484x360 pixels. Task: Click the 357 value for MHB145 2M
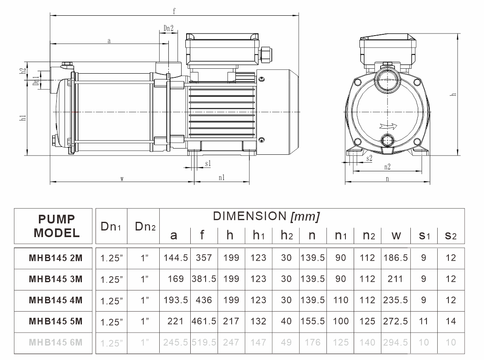click(204, 258)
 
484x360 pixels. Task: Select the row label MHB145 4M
click(55, 300)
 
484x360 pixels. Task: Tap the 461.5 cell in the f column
click(204, 321)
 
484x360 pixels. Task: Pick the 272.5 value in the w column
click(396, 321)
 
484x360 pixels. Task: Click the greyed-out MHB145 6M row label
click(55, 342)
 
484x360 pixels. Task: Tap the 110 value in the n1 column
click(340, 300)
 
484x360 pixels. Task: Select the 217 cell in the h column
click(231, 321)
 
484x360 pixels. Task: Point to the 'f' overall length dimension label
click(174, 12)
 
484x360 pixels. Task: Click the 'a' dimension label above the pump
click(109, 41)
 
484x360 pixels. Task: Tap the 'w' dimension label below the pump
click(122, 179)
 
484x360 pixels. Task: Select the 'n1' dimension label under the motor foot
click(222, 178)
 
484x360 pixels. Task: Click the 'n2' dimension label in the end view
click(387, 167)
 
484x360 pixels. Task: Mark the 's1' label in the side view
click(208, 164)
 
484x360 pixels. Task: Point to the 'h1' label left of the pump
click(23, 118)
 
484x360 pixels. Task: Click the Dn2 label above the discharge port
click(168, 28)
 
